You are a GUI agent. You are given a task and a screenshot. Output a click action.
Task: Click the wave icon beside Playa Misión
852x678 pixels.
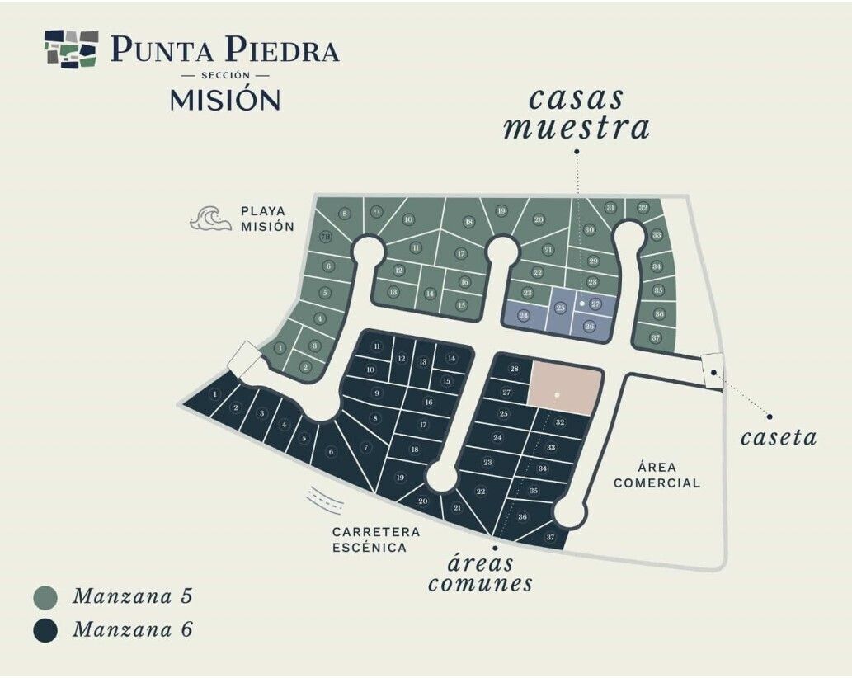pyautogui.click(x=209, y=219)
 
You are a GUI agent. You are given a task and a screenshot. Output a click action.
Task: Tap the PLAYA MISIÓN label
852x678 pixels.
pyautogui.click(x=267, y=219)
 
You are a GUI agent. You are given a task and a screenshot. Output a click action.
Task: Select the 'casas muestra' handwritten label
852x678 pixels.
pyautogui.click(x=577, y=113)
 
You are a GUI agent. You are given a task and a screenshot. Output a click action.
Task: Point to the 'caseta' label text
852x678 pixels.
pyautogui.click(x=778, y=437)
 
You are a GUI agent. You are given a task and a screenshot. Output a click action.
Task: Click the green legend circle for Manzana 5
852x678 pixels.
pyautogui.click(x=46, y=596)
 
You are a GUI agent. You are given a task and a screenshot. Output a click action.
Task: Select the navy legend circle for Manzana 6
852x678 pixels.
pyautogui.click(x=46, y=630)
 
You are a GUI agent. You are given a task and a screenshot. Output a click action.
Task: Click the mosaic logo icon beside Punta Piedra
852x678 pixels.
pyautogui.click(x=72, y=49)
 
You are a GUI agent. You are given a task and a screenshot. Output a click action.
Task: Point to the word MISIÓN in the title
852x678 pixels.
pyautogui.click(x=225, y=100)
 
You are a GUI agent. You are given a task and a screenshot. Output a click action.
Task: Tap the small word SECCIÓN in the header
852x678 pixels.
pyautogui.click(x=225, y=75)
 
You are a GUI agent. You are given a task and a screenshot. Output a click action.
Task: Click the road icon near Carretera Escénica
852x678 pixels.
pyautogui.click(x=324, y=500)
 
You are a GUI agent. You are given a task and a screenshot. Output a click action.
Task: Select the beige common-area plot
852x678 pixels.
pyautogui.click(x=564, y=386)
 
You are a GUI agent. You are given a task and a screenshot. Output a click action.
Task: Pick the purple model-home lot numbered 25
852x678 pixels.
pyautogui.click(x=561, y=308)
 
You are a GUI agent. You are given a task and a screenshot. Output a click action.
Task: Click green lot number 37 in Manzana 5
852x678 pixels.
pyautogui.click(x=655, y=338)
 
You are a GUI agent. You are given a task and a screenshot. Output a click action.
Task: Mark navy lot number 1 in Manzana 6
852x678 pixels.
pyautogui.click(x=215, y=395)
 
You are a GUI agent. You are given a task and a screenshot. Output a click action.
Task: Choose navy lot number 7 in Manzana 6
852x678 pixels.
pyautogui.click(x=366, y=448)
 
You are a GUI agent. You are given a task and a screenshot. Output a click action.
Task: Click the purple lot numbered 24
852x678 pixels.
pyautogui.click(x=523, y=315)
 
